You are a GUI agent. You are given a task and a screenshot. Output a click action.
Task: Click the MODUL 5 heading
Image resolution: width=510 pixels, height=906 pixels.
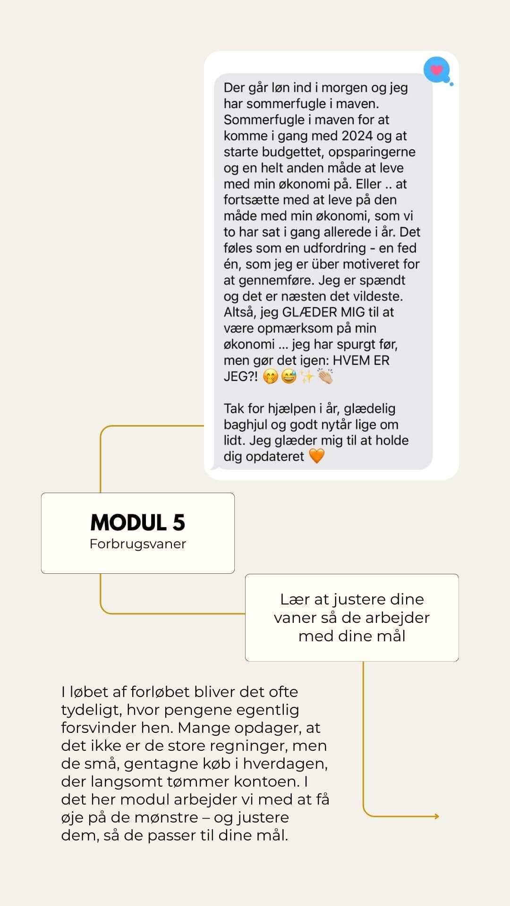point(137,522)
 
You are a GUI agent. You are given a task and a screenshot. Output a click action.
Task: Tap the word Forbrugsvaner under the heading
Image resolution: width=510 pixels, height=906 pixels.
point(137,544)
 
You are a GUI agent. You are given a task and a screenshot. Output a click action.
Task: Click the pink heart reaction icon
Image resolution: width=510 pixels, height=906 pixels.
point(436,70)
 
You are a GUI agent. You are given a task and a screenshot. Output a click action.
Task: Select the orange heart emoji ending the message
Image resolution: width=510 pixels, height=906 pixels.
point(316,456)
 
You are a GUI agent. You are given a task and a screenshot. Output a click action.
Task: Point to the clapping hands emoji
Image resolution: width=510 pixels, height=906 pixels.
point(325,376)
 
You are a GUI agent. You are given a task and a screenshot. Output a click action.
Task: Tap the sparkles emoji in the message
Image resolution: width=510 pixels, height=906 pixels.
point(307,376)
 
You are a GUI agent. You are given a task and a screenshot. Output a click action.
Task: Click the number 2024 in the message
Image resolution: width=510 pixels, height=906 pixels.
point(357,136)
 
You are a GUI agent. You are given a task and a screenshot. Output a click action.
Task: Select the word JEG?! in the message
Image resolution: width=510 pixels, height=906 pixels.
point(241,377)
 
